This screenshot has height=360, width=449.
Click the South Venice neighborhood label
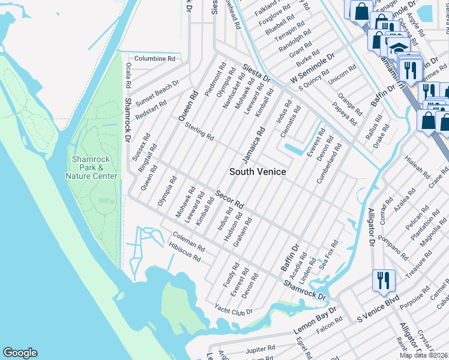(258, 172)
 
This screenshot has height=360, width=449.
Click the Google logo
(20, 353)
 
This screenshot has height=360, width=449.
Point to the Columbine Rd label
(154, 59)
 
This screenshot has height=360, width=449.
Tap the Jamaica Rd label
(254, 144)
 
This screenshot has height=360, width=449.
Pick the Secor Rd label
(229, 199)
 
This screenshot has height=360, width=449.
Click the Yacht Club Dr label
(234, 310)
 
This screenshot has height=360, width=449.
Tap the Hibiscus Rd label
(184, 256)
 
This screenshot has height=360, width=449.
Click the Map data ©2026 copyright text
(424, 355)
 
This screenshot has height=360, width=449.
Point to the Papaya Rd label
(346, 111)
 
